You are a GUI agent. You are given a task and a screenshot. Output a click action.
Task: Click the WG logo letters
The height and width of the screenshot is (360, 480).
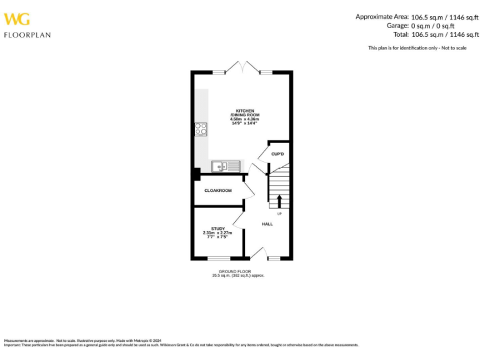tap(18, 19)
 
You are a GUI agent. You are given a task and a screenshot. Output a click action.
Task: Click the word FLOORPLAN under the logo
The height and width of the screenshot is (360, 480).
tap(27, 35)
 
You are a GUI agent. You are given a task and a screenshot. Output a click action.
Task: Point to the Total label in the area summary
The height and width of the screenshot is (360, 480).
tap(401, 35)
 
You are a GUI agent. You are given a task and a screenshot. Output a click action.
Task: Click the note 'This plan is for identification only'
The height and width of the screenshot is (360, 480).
tap(417, 48)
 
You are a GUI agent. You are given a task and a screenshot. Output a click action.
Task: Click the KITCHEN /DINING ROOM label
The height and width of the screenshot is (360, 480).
tap(244, 113)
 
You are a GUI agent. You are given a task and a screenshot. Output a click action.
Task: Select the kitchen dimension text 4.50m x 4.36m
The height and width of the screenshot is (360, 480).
tap(244, 119)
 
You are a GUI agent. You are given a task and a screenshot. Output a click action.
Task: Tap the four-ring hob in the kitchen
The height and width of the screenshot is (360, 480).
tap(201, 129)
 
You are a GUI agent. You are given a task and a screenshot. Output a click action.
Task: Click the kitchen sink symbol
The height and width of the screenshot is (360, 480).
tap(226, 166)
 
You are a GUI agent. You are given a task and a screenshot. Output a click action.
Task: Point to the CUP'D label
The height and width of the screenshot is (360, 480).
tap(277, 154)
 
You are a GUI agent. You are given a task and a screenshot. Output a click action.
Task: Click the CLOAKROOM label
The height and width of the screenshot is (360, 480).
tap(218, 191)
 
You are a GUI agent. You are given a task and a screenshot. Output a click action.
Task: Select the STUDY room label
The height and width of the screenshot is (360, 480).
tap(218, 229)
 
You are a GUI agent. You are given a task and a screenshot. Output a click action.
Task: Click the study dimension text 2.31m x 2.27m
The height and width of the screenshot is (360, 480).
tap(218, 233)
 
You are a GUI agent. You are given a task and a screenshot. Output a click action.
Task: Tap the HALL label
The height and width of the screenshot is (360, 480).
tap(267, 223)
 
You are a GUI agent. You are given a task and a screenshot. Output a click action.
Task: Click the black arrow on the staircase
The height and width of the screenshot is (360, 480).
tap(279, 201)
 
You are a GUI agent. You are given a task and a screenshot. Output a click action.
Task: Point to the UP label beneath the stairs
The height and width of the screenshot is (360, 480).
tap(279, 214)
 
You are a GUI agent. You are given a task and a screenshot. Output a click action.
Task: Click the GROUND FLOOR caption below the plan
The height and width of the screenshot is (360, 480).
tap(239, 271)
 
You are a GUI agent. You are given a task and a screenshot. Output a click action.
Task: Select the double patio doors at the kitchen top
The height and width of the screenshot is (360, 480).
tap(242, 67)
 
